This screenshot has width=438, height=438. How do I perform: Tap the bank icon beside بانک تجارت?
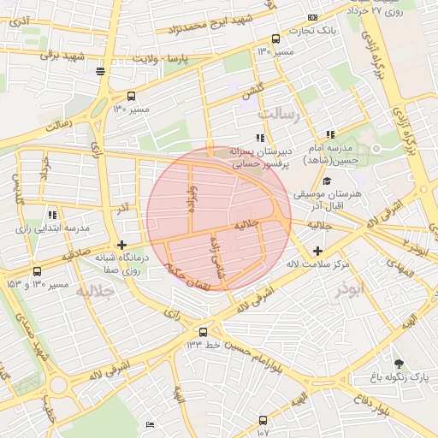click(312, 17)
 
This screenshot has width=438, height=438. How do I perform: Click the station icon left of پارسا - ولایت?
click(102, 71)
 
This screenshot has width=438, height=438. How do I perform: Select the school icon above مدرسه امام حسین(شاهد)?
click(330, 135)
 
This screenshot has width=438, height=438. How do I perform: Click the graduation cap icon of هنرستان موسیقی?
click(327, 181)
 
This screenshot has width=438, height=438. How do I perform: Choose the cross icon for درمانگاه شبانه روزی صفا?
click(121, 245)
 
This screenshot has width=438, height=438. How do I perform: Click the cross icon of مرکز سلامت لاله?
click(318, 251)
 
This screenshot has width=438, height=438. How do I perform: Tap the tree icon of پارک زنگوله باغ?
click(398, 363)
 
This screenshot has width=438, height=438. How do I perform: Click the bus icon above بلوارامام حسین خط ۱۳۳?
click(203, 332)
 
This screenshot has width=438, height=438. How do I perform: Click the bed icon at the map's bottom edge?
click(151, 425)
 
